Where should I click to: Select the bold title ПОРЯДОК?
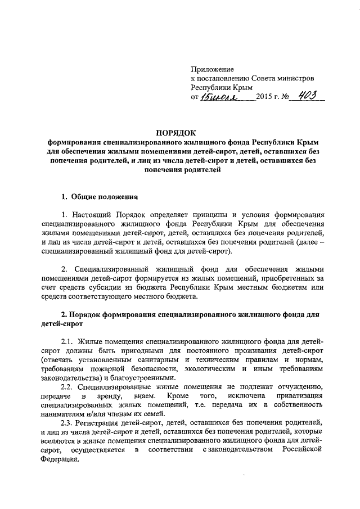tap(180, 133)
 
